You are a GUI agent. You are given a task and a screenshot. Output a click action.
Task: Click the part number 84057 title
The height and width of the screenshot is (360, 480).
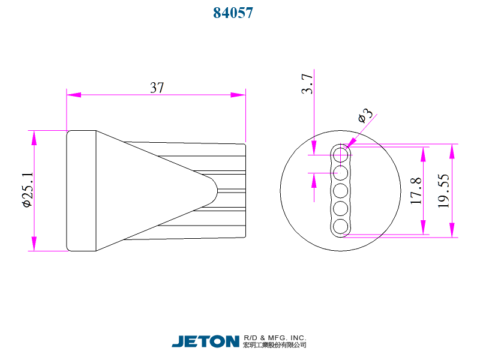tap(233, 13)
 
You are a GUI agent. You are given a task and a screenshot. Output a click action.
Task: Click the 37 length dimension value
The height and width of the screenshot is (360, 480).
tap(157, 87)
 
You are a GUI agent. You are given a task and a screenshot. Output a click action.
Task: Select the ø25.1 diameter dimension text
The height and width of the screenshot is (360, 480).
tap(26, 190)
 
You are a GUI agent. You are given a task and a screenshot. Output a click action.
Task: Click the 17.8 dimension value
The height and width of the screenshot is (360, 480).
tap(416, 191)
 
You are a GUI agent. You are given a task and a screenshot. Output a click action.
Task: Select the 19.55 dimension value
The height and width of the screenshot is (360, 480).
tap(444, 191)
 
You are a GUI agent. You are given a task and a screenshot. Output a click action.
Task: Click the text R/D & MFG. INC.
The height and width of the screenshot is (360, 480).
tap(275, 337)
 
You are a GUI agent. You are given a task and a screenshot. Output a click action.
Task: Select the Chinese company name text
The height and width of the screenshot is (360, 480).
tap(275, 345)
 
